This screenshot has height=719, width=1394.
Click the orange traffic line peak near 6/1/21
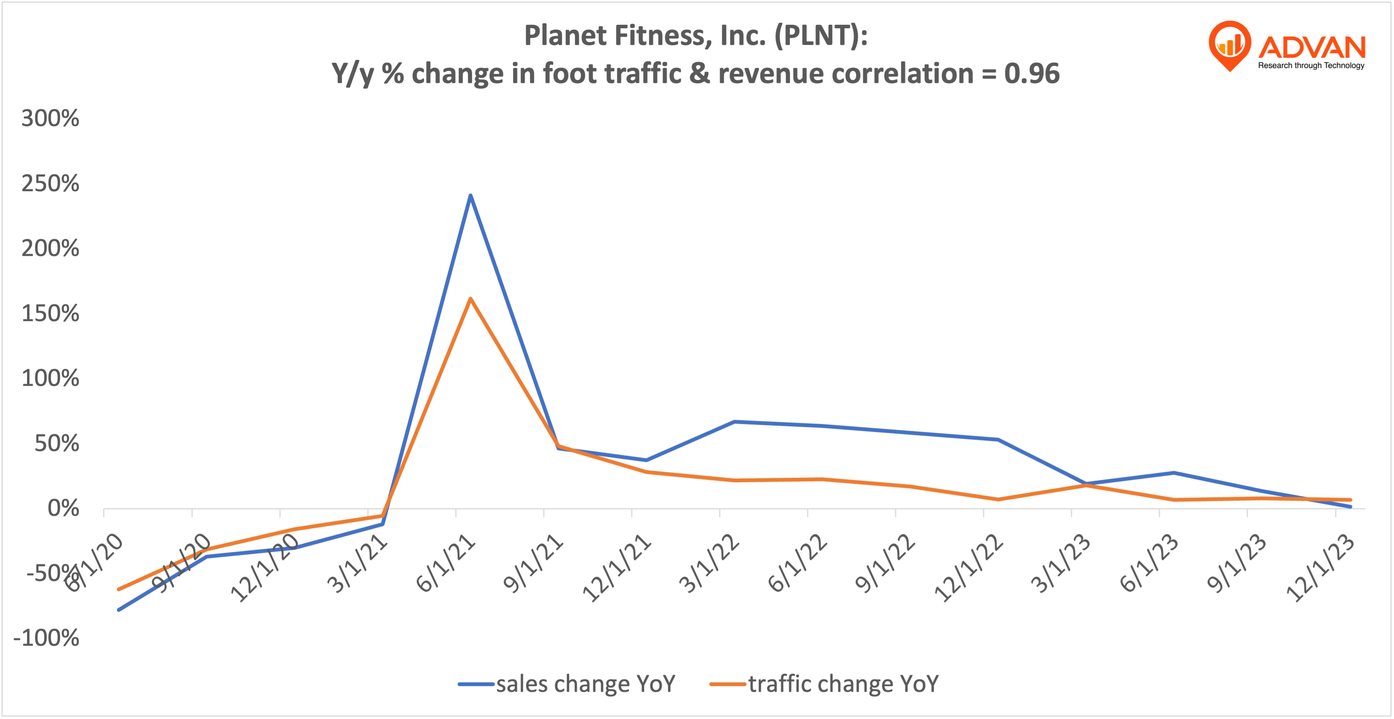pyautogui.click(x=470, y=299)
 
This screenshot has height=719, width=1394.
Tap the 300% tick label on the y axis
pyautogui.click(x=50, y=118)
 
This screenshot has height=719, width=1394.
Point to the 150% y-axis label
pyautogui.click(x=50, y=313)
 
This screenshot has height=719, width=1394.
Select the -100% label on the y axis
pyautogui.click(x=46, y=638)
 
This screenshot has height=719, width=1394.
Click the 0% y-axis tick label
pyautogui.click(x=63, y=508)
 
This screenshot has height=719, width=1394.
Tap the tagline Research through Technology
pyautogui.click(x=1311, y=66)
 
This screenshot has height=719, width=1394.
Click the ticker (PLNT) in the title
pyautogui.click(x=820, y=36)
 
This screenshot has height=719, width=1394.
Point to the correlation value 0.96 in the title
pyautogui.click(x=1032, y=73)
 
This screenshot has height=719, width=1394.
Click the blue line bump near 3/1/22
pyautogui.click(x=734, y=422)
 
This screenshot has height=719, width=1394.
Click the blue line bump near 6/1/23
pyautogui.click(x=1174, y=473)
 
